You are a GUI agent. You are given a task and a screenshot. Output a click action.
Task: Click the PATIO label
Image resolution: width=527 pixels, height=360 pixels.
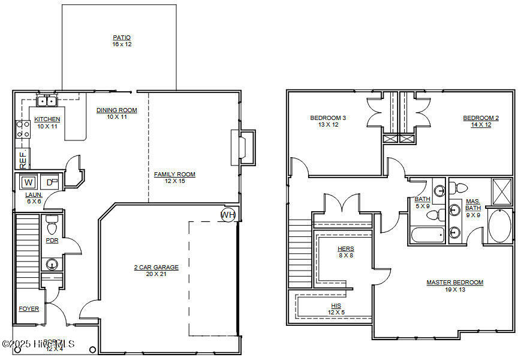(x=121, y=38)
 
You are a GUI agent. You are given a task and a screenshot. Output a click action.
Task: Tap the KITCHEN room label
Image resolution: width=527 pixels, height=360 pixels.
(x=47, y=119)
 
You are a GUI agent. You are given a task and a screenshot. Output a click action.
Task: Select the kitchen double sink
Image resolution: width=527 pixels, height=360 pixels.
(x=46, y=101)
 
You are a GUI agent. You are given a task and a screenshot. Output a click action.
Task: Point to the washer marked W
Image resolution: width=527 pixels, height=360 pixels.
(x=29, y=182)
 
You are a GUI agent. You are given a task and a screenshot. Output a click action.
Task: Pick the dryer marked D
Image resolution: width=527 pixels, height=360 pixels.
(x=51, y=182)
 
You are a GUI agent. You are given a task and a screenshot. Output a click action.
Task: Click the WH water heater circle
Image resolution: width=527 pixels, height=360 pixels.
(x=228, y=215)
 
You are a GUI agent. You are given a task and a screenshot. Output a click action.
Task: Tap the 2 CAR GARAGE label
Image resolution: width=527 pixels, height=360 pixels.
(x=156, y=268)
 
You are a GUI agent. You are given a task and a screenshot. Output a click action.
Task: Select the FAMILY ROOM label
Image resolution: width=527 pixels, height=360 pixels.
(x=174, y=175)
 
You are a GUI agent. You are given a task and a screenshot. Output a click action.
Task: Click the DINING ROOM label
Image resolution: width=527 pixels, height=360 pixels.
(x=117, y=110)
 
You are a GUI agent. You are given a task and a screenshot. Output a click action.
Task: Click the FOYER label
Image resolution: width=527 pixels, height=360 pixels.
(x=29, y=309)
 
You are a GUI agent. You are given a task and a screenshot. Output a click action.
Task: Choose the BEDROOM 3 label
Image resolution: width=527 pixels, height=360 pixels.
(x=327, y=118)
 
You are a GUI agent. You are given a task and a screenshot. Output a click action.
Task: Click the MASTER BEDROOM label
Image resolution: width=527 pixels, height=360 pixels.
(x=454, y=283)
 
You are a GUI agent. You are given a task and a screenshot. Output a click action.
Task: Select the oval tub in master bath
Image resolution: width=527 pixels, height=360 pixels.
(x=499, y=226)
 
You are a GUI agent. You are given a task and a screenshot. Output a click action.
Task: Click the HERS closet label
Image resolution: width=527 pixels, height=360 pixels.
(x=346, y=249)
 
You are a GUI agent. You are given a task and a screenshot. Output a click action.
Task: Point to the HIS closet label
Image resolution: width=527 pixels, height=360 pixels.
(x=336, y=305)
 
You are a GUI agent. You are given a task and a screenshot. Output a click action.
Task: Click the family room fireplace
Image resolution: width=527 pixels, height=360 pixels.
(x=243, y=146)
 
